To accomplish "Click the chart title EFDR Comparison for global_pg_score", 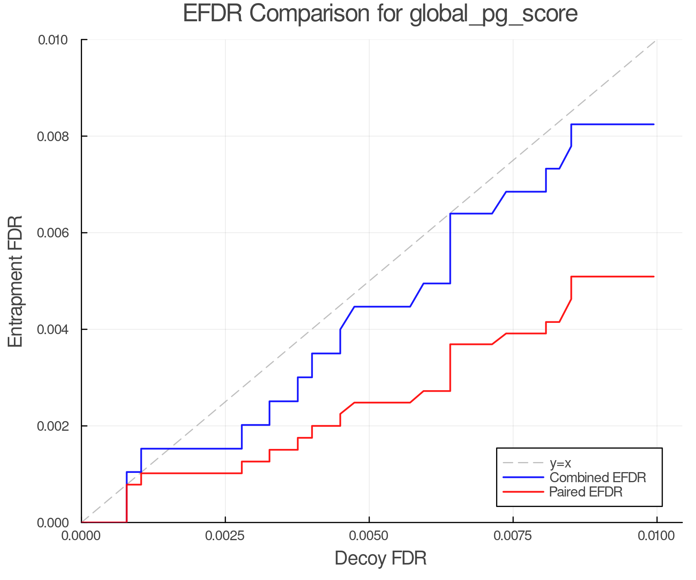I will (380, 14).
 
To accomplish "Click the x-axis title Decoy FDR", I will (380, 558).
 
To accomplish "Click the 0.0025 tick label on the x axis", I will (225, 536).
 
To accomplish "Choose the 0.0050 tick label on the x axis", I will (369, 536).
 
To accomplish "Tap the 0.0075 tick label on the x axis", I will (513, 536).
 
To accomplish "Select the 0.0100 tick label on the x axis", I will (657, 536).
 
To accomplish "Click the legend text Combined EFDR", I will (597, 478).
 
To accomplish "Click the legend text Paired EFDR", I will (586, 492).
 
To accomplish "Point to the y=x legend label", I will (560, 463).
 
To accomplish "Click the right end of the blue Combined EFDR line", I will (653, 125).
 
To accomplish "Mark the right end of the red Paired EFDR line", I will (653, 277).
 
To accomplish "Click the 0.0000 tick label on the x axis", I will (81, 536).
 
